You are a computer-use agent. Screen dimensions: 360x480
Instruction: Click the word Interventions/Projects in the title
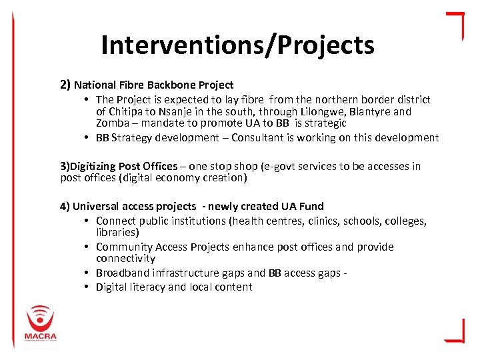237,45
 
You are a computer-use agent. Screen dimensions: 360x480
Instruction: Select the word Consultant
250,137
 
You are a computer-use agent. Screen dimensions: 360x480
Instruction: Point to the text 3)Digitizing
89,166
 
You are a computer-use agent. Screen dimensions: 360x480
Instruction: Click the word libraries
117,232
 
